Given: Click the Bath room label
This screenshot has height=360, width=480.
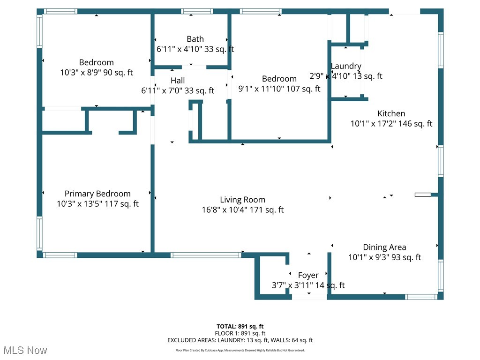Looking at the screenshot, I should [195, 39].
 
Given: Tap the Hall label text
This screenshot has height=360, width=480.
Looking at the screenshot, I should [178, 81].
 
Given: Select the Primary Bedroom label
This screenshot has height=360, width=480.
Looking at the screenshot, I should [97, 194].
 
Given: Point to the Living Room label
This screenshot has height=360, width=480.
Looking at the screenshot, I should [242, 200].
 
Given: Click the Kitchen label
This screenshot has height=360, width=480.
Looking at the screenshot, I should [391, 113].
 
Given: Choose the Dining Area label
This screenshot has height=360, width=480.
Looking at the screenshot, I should [384, 247].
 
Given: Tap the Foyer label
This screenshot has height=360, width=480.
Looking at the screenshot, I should [308, 275].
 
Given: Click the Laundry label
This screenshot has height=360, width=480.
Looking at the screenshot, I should [346, 66].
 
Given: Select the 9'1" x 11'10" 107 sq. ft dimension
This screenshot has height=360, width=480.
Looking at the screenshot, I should [279, 89].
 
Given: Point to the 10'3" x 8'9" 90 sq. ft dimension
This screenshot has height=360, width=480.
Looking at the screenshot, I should [96, 73].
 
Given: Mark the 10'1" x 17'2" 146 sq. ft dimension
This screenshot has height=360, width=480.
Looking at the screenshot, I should [391, 124].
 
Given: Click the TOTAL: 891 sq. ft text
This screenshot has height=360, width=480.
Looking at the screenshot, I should [240, 326].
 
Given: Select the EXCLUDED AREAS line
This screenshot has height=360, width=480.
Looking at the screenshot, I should [240, 340].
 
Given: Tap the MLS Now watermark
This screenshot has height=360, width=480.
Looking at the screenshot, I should [25, 350].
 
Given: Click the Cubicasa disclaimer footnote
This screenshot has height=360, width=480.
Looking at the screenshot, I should [240, 350].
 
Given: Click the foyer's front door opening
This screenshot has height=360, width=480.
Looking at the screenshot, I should [309, 297].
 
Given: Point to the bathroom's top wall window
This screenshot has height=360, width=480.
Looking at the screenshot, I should [197, 11].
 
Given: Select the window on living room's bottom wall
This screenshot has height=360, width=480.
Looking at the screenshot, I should [206, 255].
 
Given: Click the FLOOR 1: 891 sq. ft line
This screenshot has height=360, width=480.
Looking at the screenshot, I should [240, 333].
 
